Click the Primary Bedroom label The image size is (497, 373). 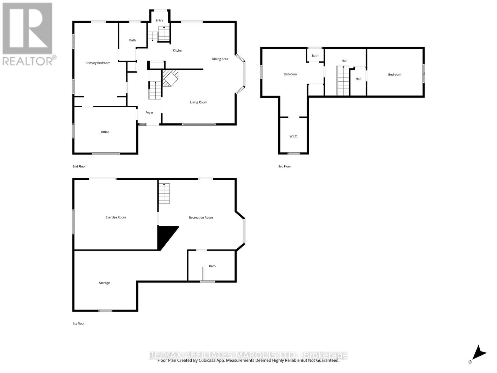click(x=98, y=63)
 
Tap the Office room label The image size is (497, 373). click(x=105, y=132)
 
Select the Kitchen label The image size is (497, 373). click(x=178, y=50)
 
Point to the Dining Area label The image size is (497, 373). click(x=220, y=59)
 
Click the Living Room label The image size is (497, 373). click(x=198, y=102)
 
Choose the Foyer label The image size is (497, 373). click(x=149, y=113)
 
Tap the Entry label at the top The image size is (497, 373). click(x=159, y=21)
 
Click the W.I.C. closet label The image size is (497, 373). click(x=294, y=136)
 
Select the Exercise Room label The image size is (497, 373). click(x=116, y=217)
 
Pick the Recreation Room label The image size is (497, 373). click(x=201, y=218)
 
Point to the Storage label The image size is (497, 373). click(x=104, y=283)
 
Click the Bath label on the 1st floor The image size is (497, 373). click(x=212, y=266)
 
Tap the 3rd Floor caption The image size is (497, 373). click(x=285, y=166)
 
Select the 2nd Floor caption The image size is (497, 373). click(x=79, y=166)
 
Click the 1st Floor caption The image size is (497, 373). click(x=79, y=324)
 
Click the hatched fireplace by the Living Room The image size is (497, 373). click(x=170, y=77)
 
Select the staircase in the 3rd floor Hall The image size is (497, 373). click(x=343, y=81)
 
